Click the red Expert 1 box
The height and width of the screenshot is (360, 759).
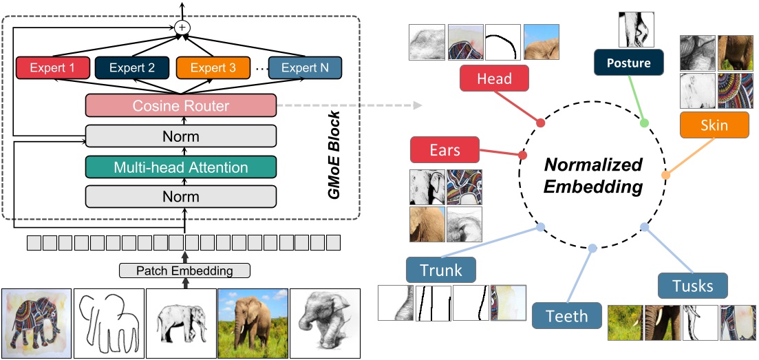[54, 67]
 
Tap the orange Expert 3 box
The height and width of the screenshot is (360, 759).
[213, 67]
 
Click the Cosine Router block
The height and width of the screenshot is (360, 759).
[180, 106]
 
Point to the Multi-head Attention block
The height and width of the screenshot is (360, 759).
[180, 167]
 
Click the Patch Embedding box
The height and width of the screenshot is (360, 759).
[185, 271]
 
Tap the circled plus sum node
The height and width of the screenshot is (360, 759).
[182, 27]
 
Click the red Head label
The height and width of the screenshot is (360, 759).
[494, 78]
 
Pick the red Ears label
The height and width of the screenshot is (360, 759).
[445, 149]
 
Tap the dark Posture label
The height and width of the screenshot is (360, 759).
[629, 63]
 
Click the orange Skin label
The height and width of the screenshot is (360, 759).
[714, 125]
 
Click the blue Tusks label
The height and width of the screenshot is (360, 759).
[692, 286]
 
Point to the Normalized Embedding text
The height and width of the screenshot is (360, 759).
[594, 176]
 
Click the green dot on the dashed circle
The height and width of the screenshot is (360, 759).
[645, 123]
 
